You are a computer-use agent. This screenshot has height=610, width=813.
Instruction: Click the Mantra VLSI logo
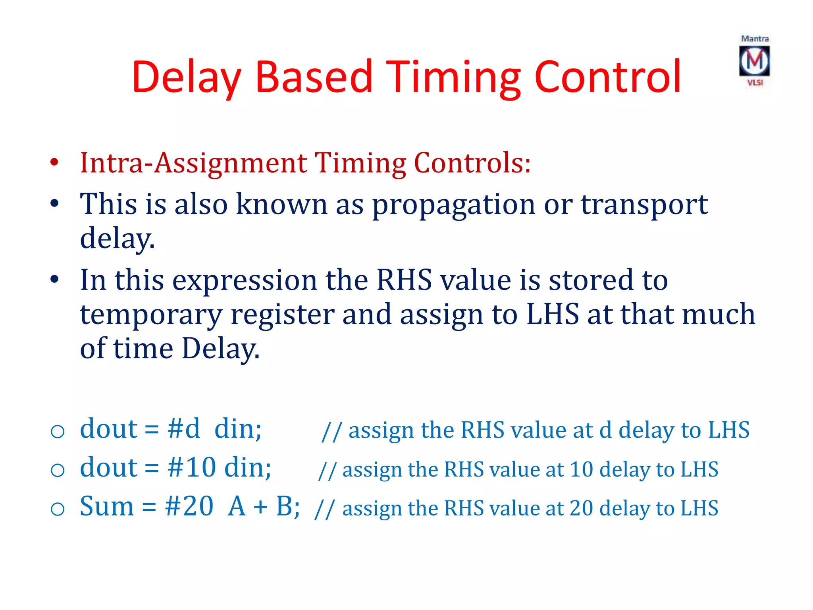pos(754,61)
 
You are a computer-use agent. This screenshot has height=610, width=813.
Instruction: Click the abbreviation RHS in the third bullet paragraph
pos(404,280)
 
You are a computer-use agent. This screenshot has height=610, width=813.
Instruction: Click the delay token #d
pos(183,429)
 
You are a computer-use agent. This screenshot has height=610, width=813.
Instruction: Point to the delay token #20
pos(189,507)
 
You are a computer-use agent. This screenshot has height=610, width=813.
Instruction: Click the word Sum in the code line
pos(107,507)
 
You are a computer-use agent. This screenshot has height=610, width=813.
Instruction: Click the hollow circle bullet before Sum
pos(58,509)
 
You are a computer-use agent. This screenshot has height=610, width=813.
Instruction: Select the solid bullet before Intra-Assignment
pos(55,163)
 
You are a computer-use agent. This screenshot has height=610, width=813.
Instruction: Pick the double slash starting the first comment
pos(331,431)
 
